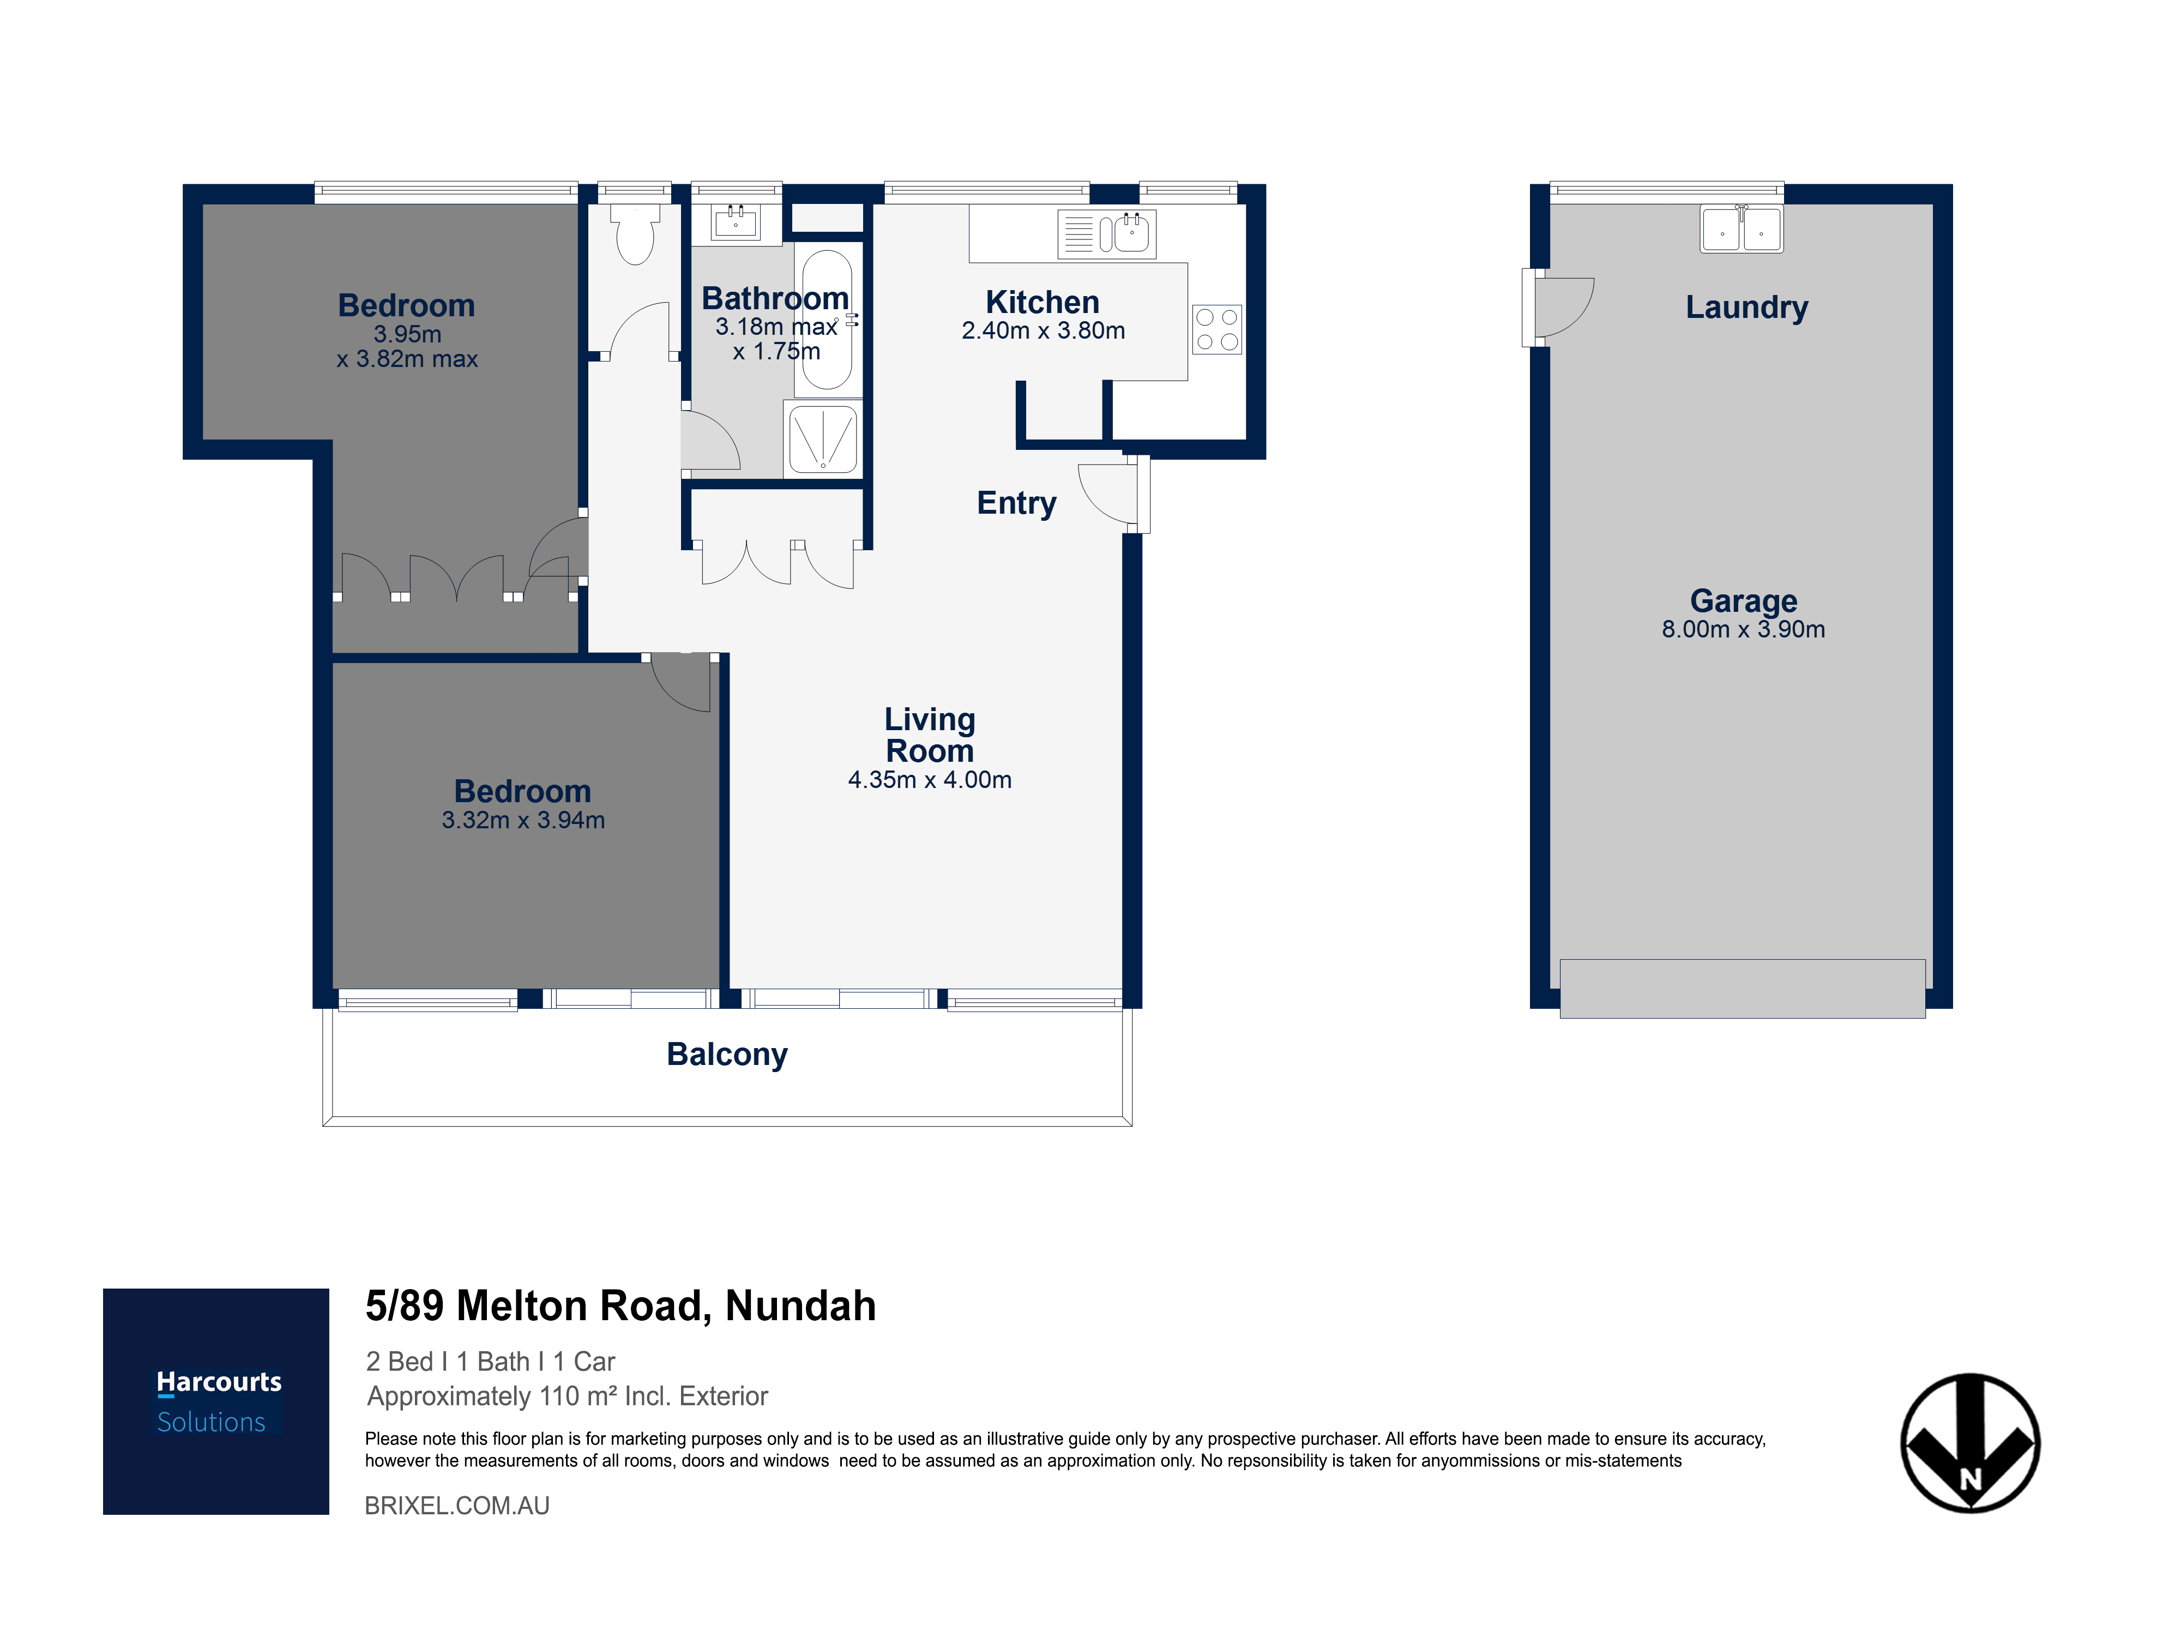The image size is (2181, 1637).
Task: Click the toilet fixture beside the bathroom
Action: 635,234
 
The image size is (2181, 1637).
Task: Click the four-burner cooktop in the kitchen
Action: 1216,329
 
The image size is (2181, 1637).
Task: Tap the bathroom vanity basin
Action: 736,223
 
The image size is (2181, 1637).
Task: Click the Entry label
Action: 1016,503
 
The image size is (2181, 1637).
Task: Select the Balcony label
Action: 728,1054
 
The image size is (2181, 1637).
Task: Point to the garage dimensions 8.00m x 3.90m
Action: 1743,629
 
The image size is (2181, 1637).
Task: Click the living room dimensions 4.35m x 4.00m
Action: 930,780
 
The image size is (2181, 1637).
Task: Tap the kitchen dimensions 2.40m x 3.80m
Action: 1043,330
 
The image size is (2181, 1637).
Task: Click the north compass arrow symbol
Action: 1970,1443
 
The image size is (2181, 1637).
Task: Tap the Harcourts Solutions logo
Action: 216,1401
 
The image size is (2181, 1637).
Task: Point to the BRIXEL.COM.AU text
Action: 457,1506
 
